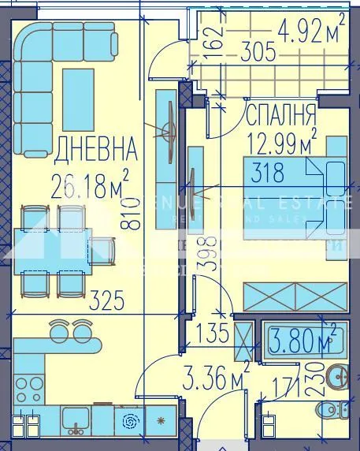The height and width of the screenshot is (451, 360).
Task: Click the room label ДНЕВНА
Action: (96, 147)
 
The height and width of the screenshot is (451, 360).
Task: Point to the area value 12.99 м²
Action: (282, 143)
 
